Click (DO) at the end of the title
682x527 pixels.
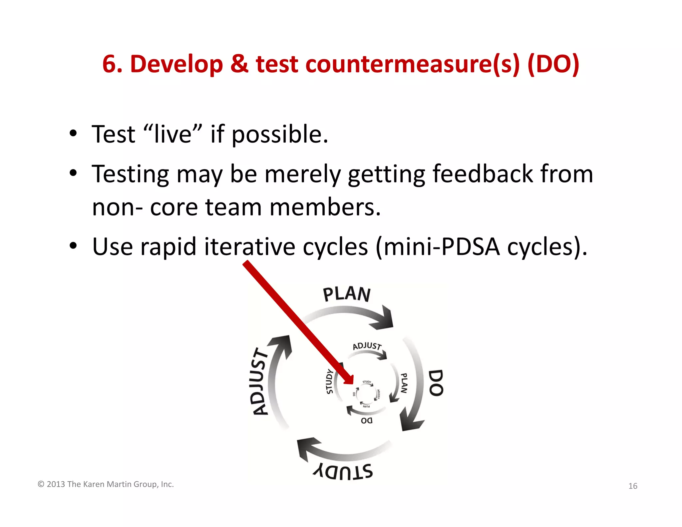(553, 64)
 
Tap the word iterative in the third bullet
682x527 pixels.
(249, 247)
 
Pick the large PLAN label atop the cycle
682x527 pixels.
(347, 294)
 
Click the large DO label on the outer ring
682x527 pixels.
(436, 383)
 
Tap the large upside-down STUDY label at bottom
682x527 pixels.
(343, 471)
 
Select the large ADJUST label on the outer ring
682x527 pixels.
(260, 382)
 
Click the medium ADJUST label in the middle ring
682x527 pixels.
(367, 346)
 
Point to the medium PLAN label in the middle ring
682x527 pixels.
(404, 383)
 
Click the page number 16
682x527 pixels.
(633, 486)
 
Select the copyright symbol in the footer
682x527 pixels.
(41, 484)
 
